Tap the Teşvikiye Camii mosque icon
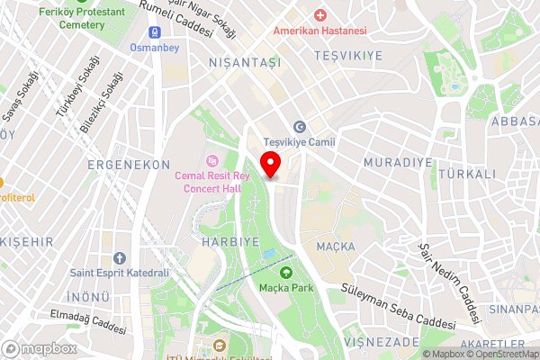point(300,127)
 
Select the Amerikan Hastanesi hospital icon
point(319,15)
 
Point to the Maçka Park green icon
point(286,272)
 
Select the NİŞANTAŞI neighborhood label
point(245,63)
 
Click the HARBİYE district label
point(230,242)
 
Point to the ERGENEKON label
point(129,165)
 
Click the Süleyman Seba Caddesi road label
point(399,306)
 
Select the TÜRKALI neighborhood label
point(468,174)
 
